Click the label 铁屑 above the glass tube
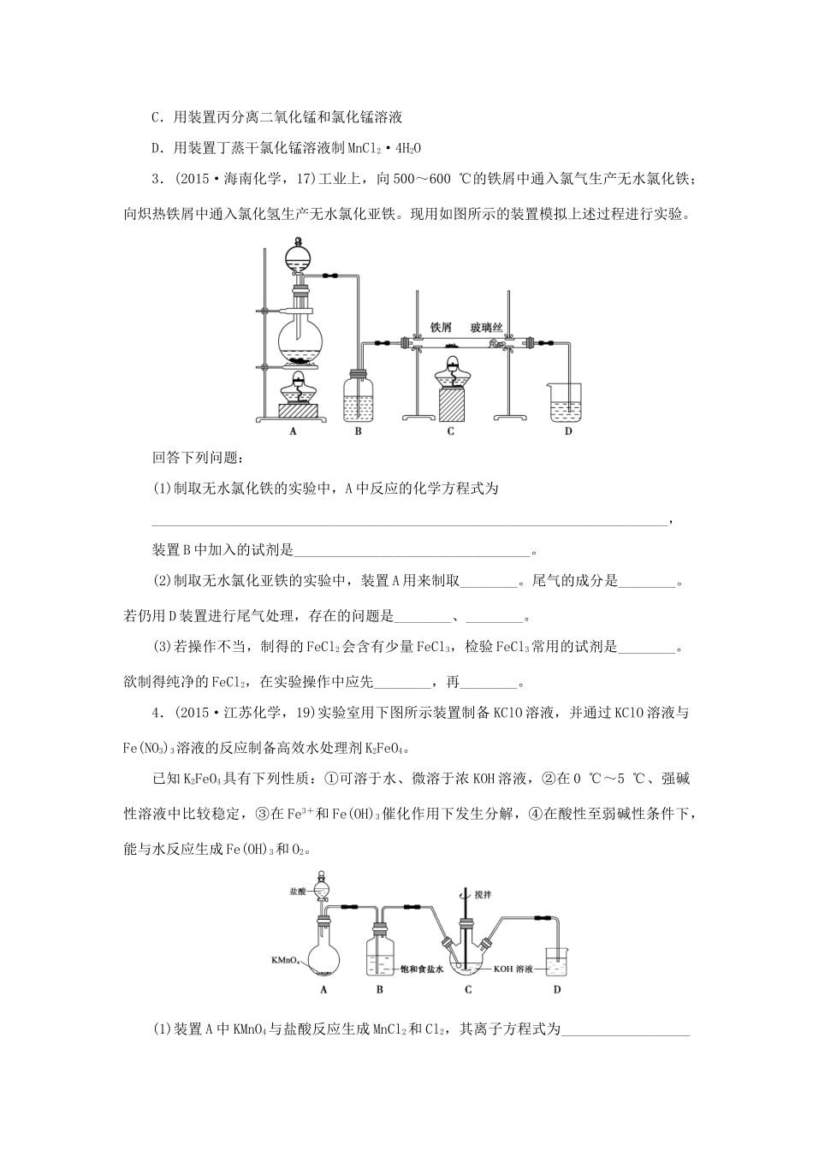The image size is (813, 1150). pyautogui.click(x=440, y=327)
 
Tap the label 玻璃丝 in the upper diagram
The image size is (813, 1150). pyautogui.click(x=486, y=327)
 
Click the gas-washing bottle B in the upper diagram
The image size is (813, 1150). pyautogui.click(x=358, y=398)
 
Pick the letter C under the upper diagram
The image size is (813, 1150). pyautogui.click(x=450, y=431)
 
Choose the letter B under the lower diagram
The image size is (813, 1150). pyautogui.click(x=379, y=990)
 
